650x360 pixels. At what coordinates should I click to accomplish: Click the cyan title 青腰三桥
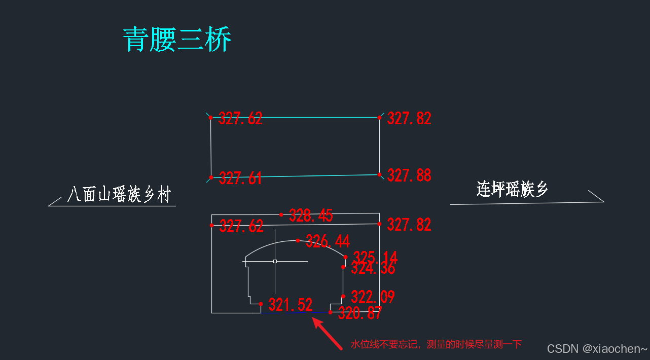coord(177,40)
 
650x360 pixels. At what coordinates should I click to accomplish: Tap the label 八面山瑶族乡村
coord(119,195)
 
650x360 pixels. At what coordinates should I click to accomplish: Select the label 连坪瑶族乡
coord(512,189)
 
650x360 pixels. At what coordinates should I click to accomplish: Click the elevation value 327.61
coord(240,178)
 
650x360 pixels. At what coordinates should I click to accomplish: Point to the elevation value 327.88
coord(409,175)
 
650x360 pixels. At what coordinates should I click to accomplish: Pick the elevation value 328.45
coord(311,215)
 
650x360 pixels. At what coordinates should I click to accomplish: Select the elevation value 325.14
coord(375,257)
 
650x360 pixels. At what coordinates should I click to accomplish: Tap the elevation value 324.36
coord(373,268)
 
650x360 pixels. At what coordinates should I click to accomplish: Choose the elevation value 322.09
coord(373,297)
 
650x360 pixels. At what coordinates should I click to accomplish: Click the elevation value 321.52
coord(291,305)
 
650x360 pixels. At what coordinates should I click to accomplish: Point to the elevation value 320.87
coord(359,313)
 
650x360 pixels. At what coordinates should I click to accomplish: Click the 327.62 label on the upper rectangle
coord(240,119)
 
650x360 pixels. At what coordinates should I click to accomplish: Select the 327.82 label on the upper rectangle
coord(409,119)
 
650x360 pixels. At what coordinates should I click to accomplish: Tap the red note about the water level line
coord(436,345)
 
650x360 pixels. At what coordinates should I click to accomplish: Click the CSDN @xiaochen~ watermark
coord(597,349)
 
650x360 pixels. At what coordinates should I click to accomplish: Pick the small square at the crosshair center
coord(275,261)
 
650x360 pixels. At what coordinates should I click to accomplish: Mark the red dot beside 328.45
coord(281,214)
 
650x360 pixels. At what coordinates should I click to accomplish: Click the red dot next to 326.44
coord(298,240)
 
